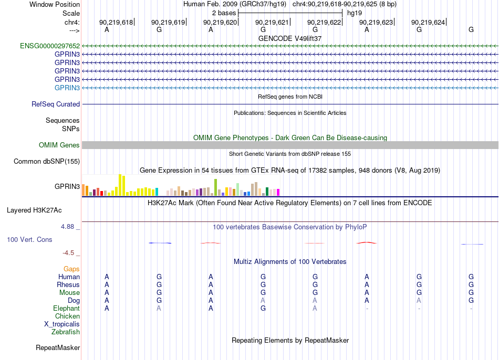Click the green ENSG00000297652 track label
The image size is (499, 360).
point(50,46)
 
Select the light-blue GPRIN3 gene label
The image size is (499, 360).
point(67,88)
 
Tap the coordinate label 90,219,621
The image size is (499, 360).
point(272,22)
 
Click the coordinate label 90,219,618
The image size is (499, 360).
point(116,22)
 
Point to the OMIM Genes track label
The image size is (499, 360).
point(59,145)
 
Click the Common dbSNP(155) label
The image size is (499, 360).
point(47,161)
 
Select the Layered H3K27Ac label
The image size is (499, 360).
point(34,210)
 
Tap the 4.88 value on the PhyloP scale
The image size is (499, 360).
point(67,226)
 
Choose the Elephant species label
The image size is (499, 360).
point(67,308)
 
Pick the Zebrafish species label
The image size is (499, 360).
point(66,332)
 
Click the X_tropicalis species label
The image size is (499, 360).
point(62,324)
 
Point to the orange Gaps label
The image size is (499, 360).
point(71,269)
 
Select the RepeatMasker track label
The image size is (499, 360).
point(58,347)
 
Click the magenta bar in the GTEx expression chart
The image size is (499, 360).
point(278,193)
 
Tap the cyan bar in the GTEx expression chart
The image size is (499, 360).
point(157,192)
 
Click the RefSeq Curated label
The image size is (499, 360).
point(56,104)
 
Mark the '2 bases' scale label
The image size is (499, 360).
point(224,13)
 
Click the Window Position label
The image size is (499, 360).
point(55,4)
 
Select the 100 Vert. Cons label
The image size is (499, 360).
point(29,239)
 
